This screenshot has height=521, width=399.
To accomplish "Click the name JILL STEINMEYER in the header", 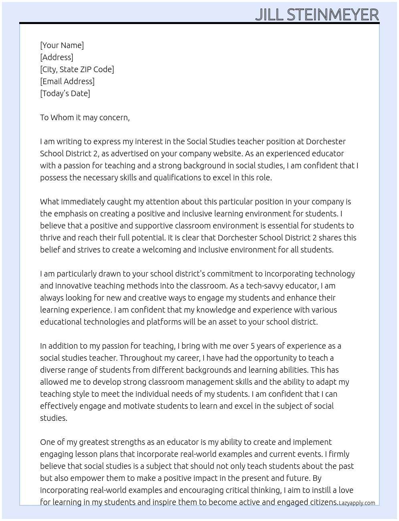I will tap(316, 14).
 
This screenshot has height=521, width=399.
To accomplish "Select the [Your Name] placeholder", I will tap(62, 45).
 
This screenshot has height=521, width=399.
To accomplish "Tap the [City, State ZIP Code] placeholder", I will tap(77, 69).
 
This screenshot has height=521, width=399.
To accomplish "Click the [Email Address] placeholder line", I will tap(67, 81).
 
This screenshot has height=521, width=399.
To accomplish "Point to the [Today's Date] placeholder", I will tap(65, 93).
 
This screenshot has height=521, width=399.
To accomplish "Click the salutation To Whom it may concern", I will tap(85, 117).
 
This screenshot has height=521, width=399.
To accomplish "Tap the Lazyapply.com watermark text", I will tap(357, 503).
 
